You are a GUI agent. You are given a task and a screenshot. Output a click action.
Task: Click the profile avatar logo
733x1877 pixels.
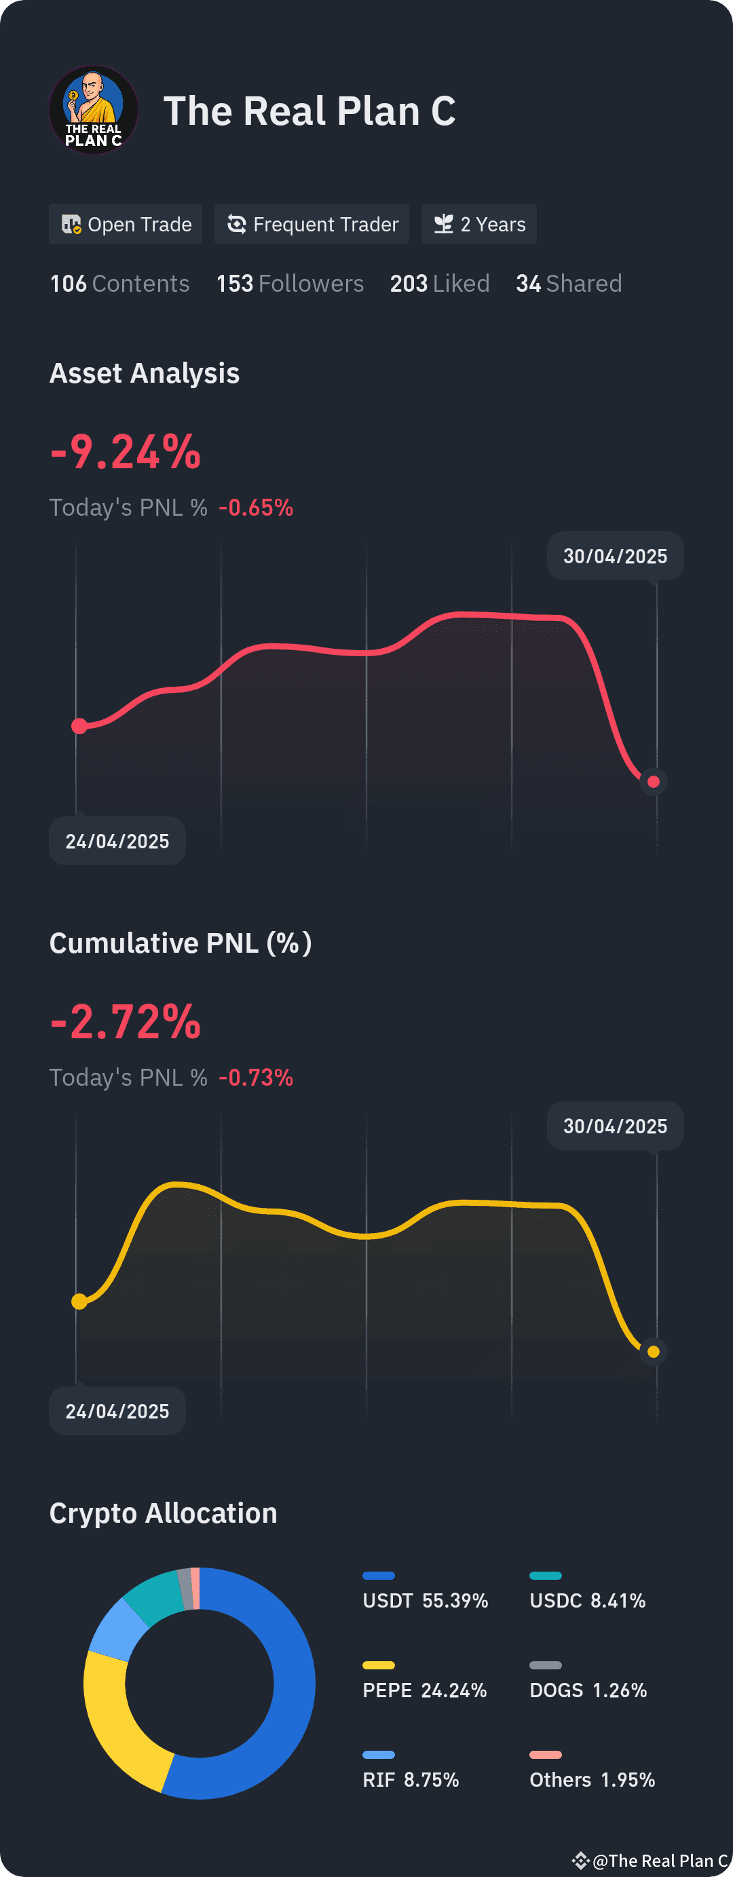pos(93,110)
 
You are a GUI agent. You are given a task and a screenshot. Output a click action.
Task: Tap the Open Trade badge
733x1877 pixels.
pos(126,224)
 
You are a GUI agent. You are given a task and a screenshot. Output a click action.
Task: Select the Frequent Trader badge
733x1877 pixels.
pos(312,224)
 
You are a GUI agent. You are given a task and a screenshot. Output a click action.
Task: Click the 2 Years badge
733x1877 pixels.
pos(479,224)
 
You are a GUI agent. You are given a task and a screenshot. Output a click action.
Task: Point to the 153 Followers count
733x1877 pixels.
pos(290,284)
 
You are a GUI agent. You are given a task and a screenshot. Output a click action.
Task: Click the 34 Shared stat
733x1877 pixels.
pos(569,284)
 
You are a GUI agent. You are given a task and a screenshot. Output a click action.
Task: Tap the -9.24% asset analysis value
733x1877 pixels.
pos(126,452)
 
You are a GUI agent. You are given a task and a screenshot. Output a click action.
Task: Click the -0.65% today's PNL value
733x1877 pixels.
pos(256,507)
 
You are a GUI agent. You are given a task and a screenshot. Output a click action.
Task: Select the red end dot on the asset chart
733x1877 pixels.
pos(654,782)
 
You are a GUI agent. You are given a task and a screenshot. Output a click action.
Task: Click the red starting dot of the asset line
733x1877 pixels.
pos(79,725)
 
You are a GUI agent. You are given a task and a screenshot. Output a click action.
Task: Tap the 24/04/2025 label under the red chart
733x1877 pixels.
pos(117,841)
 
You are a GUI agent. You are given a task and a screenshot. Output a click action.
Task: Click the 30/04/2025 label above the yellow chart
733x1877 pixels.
pos(616,1126)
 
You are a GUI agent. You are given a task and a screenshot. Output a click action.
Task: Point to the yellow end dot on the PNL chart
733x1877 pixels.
pos(654,1352)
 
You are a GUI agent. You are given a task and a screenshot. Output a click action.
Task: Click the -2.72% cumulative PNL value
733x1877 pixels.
pos(126,1021)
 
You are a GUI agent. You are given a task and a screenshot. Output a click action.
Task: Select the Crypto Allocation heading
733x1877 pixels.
pos(163,1513)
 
